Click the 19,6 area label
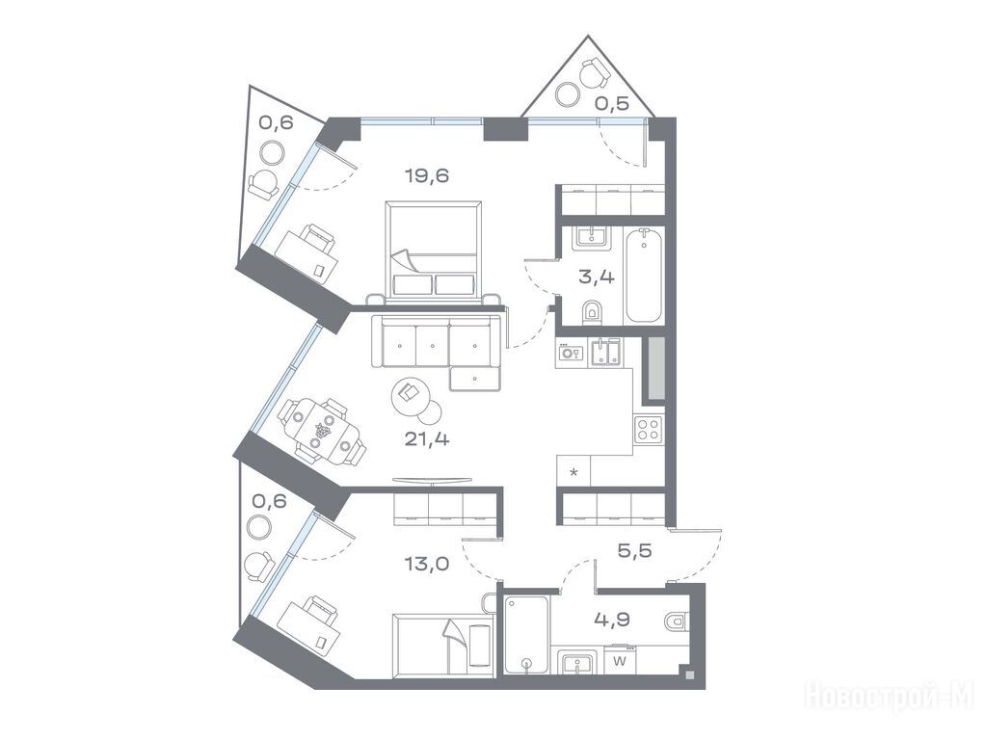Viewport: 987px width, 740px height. [x=427, y=175]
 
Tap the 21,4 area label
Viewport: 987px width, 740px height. [x=427, y=438]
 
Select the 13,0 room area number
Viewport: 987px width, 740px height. [x=427, y=564]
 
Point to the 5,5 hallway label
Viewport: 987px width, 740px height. [x=634, y=550]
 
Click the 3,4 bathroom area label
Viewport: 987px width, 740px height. [x=596, y=277]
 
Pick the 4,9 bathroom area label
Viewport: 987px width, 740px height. [x=612, y=620]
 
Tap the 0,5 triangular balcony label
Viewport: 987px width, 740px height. [x=612, y=104]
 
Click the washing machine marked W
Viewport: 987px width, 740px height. [x=620, y=661]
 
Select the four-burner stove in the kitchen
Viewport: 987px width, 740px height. [x=649, y=431]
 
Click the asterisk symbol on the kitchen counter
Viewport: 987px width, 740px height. [x=574, y=472]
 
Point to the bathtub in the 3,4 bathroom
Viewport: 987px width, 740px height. [x=643, y=276]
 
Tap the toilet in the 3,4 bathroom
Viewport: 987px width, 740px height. [x=592, y=313]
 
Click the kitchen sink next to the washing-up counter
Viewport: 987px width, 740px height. [x=605, y=353]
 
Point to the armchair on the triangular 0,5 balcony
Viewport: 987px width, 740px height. [x=595, y=73]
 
